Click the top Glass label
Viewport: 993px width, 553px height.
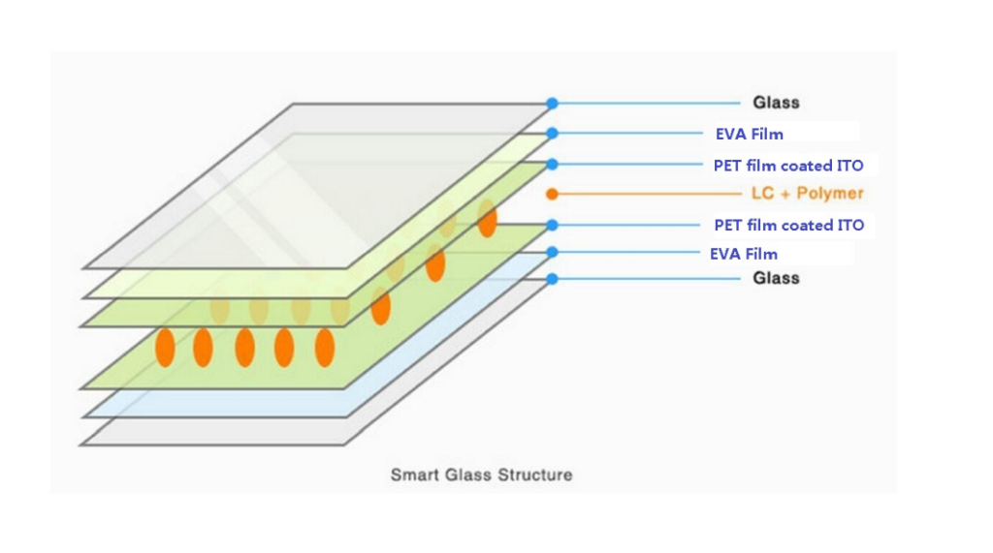[776, 103]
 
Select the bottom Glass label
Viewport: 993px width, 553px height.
[776, 278]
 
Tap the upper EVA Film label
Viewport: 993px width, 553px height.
[750, 134]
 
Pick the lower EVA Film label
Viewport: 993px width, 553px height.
[744, 254]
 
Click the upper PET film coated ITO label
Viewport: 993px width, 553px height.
[788, 166]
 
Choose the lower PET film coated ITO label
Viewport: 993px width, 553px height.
[788, 226]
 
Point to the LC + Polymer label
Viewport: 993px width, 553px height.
[807, 194]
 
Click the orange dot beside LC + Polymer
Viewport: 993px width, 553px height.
[552, 194]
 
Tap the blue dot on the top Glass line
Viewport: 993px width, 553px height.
[552, 103]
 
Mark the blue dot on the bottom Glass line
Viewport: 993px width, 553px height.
[552, 279]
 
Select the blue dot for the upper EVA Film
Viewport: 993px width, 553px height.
[552, 134]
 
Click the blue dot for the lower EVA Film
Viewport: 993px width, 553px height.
[552, 253]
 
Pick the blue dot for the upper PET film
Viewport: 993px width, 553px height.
[552, 165]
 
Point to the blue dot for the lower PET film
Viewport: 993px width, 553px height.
[552, 226]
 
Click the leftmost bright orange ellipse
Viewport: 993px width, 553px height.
[165, 347]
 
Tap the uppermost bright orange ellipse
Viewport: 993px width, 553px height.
[487, 219]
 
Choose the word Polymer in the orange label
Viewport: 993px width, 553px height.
[830, 194]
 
